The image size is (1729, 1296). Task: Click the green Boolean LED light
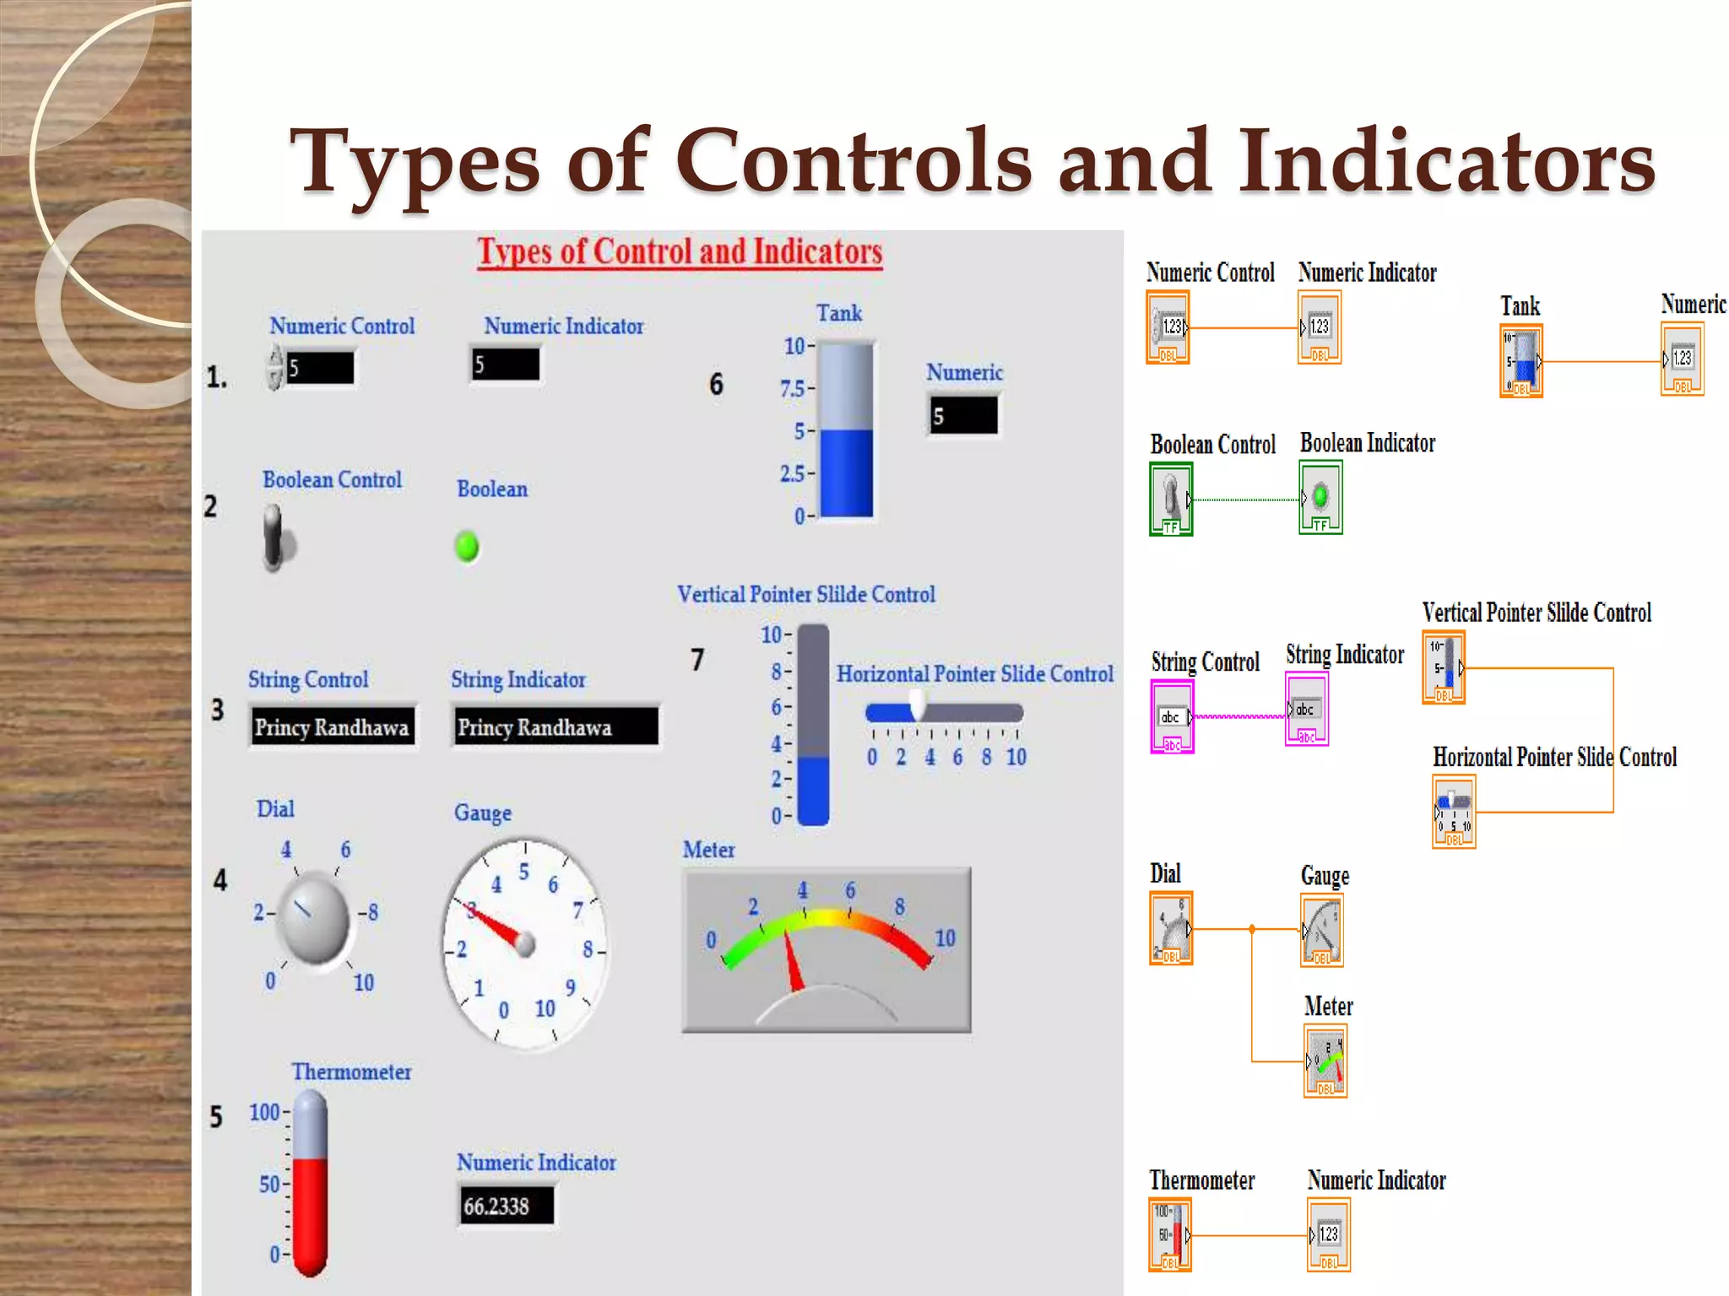pyautogui.click(x=466, y=547)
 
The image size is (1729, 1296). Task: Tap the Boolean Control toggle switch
pyautogui.click(x=275, y=538)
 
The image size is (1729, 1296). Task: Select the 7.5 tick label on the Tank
pyautogui.click(x=793, y=389)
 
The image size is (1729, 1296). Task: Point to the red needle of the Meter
pyautogui.click(x=793, y=962)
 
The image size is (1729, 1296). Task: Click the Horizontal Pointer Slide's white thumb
pyautogui.click(x=917, y=705)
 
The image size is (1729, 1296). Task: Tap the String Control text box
pyautogui.click(x=333, y=726)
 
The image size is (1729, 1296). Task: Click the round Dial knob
pyautogui.click(x=314, y=919)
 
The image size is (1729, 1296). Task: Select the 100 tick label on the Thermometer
pyautogui.click(x=264, y=1112)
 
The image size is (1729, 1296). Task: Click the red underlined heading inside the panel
pyautogui.click(x=680, y=251)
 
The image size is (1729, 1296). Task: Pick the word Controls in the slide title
pyautogui.click(x=853, y=160)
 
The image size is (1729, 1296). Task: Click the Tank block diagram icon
pyautogui.click(x=1521, y=361)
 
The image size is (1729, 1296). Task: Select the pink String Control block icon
pyautogui.click(x=1172, y=717)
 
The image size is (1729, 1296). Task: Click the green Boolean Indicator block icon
pyautogui.click(x=1320, y=498)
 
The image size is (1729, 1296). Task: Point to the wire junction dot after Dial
pyautogui.click(x=1252, y=929)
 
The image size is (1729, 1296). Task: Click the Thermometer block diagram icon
pyautogui.click(x=1170, y=1236)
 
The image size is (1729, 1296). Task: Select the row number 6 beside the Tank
pyautogui.click(x=716, y=385)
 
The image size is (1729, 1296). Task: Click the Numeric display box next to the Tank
pyautogui.click(x=963, y=416)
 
